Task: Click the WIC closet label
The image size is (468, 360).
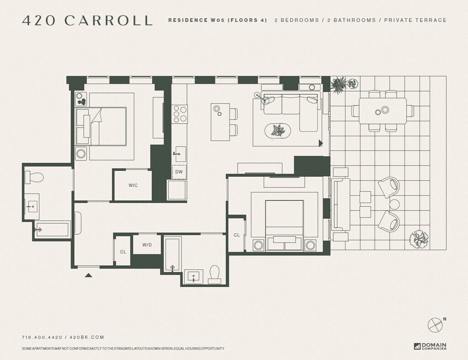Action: coord(133,185)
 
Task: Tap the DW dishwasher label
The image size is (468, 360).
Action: coord(179,172)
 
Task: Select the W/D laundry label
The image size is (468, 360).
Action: coord(147,245)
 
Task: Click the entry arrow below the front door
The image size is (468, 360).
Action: coord(88,275)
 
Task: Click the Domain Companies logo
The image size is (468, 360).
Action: coord(430,346)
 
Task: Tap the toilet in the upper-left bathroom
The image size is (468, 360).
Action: coord(34,177)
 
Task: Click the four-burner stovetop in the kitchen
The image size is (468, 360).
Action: coord(180,114)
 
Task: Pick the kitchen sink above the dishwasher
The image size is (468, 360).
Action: coord(180,154)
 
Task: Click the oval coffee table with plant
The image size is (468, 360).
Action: coord(278,130)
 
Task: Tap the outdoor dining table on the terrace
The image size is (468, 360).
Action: coord(383,111)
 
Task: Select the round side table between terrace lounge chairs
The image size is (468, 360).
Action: coord(394,204)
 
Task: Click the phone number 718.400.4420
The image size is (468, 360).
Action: coord(42,337)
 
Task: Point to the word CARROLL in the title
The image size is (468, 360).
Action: coord(108,20)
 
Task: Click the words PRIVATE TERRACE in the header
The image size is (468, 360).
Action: coord(415,20)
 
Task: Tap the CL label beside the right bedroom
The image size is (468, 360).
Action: coord(237,235)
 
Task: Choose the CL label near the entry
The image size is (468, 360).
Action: coord(123,252)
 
